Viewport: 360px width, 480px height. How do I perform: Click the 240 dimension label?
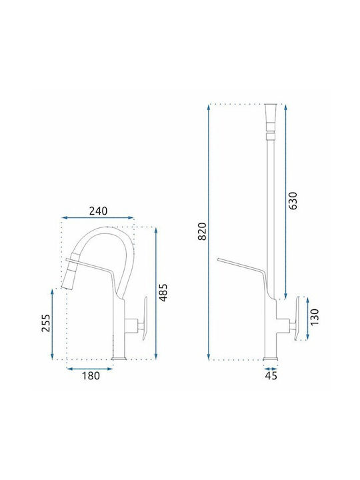[98, 211]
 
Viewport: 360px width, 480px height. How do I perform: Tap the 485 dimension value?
[164, 293]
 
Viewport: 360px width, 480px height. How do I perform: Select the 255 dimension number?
[46, 323]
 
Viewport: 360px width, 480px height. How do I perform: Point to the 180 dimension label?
[91, 375]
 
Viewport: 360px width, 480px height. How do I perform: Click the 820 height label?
[203, 231]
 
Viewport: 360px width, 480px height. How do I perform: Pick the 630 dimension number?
[293, 201]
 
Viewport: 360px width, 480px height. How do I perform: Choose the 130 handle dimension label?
[315, 317]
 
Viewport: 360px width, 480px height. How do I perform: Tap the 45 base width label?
[271, 375]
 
